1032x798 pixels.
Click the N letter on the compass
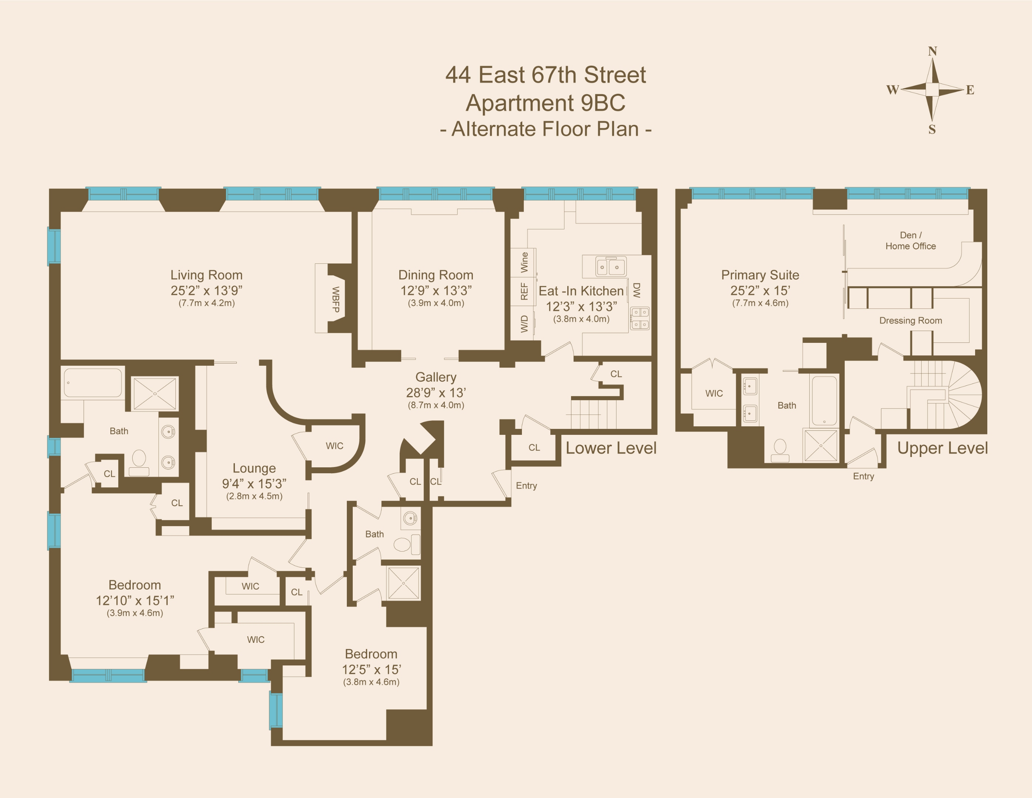[932, 51]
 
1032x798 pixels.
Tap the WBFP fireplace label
[335, 299]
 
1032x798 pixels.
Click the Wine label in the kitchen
[524, 262]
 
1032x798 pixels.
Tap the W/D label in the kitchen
[524, 324]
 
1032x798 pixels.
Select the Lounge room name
[254, 468]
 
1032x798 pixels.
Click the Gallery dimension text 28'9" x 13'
[436, 392]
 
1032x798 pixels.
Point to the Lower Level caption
[611, 448]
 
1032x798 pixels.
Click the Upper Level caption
[942, 448]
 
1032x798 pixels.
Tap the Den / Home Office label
[910, 241]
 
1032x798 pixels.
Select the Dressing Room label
[910, 321]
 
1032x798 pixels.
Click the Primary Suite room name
[760, 275]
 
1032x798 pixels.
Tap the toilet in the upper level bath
[780, 450]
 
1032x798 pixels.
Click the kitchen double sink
[610, 267]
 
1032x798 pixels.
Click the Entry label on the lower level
[526, 485]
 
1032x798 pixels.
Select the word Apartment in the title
[519, 103]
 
